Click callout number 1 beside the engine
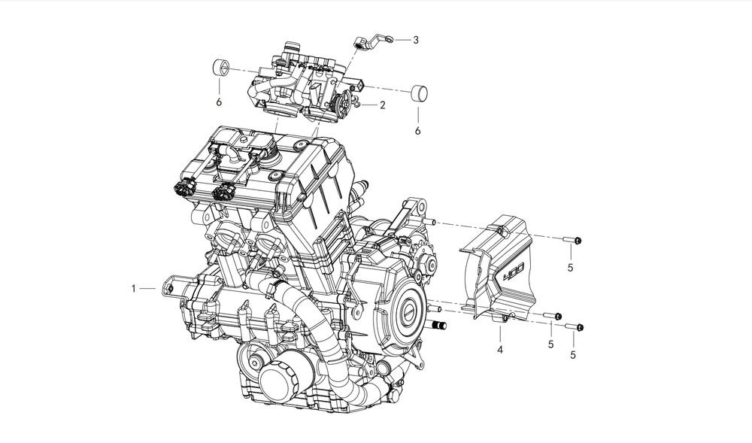pyautogui.click(x=134, y=289)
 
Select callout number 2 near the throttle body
pyautogui.click(x=382, y=105)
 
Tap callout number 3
pyautogui.click(x=416, y=41)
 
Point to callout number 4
pyautogui.click(x=500, y=350)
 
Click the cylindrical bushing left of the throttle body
pyautogui.click(x=220, y=68)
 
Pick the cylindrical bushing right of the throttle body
pyautogui.click(x=420, y=93)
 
